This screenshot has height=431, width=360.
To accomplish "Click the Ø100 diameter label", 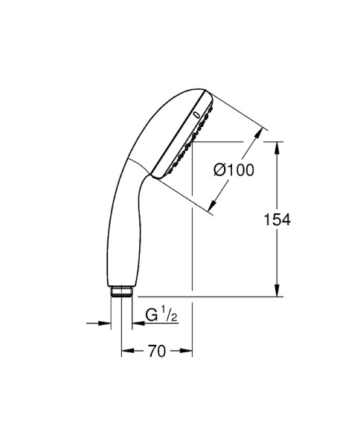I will tap(234, 170).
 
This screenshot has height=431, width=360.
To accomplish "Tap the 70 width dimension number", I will tap(156, 351).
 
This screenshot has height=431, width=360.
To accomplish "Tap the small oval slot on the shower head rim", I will tap(196, 114).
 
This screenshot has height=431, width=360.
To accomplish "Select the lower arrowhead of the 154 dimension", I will tap(277, 291).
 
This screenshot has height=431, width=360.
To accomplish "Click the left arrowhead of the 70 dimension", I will tap(126, 351).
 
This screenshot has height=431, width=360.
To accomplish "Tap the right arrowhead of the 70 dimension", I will tap(187, 351).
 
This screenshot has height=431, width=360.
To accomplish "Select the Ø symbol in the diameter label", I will tap(220, 170).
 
